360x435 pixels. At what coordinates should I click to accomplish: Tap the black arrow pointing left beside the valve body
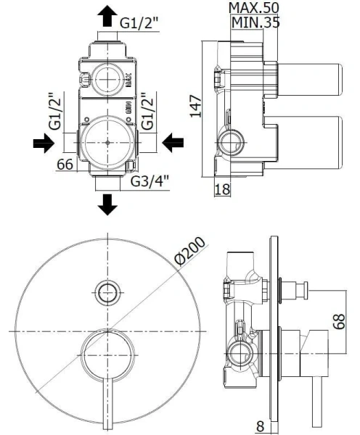(x=173, y=144)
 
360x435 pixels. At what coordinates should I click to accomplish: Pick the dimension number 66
(x=65, y=165)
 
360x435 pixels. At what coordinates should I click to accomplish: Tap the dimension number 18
(x=224, y=189)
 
